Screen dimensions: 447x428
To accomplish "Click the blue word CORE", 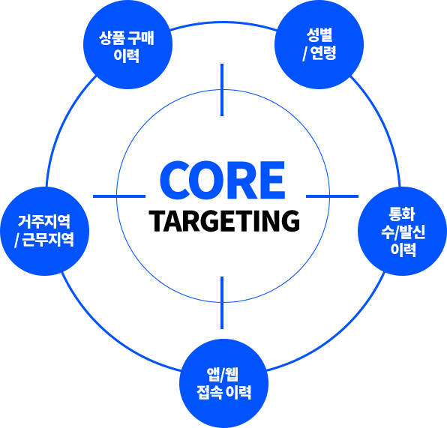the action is click(222, 180).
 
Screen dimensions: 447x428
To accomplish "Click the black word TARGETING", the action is click(224, 221).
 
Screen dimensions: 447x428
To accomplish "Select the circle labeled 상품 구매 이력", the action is click(127, 44).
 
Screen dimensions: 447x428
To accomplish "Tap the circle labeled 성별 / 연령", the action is click(319, 44).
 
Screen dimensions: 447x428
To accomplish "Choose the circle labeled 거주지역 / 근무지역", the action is click(45, 231).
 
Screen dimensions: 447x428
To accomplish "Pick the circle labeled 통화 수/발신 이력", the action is click(402, 231).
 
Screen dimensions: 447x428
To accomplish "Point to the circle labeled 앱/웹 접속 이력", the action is click(223, 384).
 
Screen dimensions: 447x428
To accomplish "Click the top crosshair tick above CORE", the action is click(222, 90).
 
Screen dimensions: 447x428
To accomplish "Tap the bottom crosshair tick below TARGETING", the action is click(222, 303).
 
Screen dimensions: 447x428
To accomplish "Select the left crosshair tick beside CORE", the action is click(119, 196).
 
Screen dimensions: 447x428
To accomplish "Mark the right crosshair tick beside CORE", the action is click(332, 196).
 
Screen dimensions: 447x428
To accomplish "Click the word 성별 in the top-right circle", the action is click(319, 35).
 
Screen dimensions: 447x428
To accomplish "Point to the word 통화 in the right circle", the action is click(402, 214).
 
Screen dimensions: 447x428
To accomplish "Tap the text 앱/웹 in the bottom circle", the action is click(223, 375).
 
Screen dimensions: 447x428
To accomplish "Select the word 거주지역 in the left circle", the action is click(44, 222).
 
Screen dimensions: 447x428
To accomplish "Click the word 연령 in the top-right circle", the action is click(323, 53).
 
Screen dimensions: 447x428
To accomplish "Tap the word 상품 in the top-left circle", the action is click(112, 38).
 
